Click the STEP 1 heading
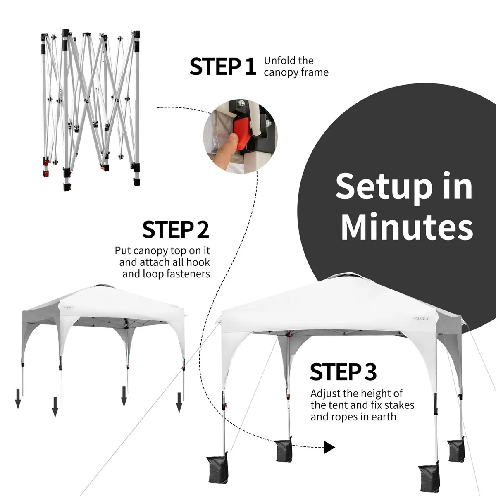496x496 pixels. [223, 67]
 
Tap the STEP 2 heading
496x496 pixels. [176, 229]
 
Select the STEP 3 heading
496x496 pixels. [343, 372]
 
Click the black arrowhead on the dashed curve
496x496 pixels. [329, 447]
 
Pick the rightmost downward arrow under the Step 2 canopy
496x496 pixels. [179, 402]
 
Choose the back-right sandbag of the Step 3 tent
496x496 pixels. [456, 449]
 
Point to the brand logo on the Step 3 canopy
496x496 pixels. [421, 318]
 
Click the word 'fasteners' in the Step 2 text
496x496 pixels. [189, 274]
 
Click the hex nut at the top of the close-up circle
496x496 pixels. [242, 103]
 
